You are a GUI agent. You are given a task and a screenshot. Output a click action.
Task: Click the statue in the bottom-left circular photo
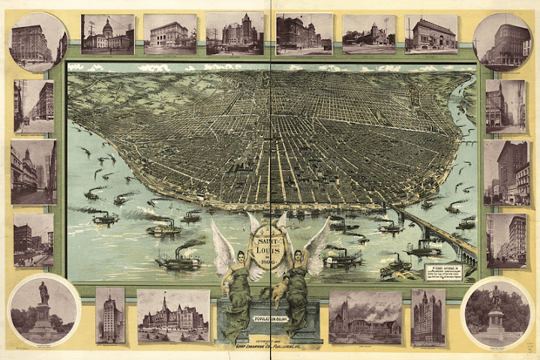pos(43,304)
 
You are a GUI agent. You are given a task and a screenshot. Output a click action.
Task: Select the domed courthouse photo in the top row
pos(108,34)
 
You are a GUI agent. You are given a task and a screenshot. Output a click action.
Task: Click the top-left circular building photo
pos(37,41)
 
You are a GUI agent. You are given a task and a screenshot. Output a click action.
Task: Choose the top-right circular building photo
pos(502,41)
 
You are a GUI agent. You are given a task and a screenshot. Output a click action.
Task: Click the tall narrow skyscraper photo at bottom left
pos(110,315)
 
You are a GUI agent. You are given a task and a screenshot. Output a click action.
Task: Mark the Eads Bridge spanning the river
pos(435,229)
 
